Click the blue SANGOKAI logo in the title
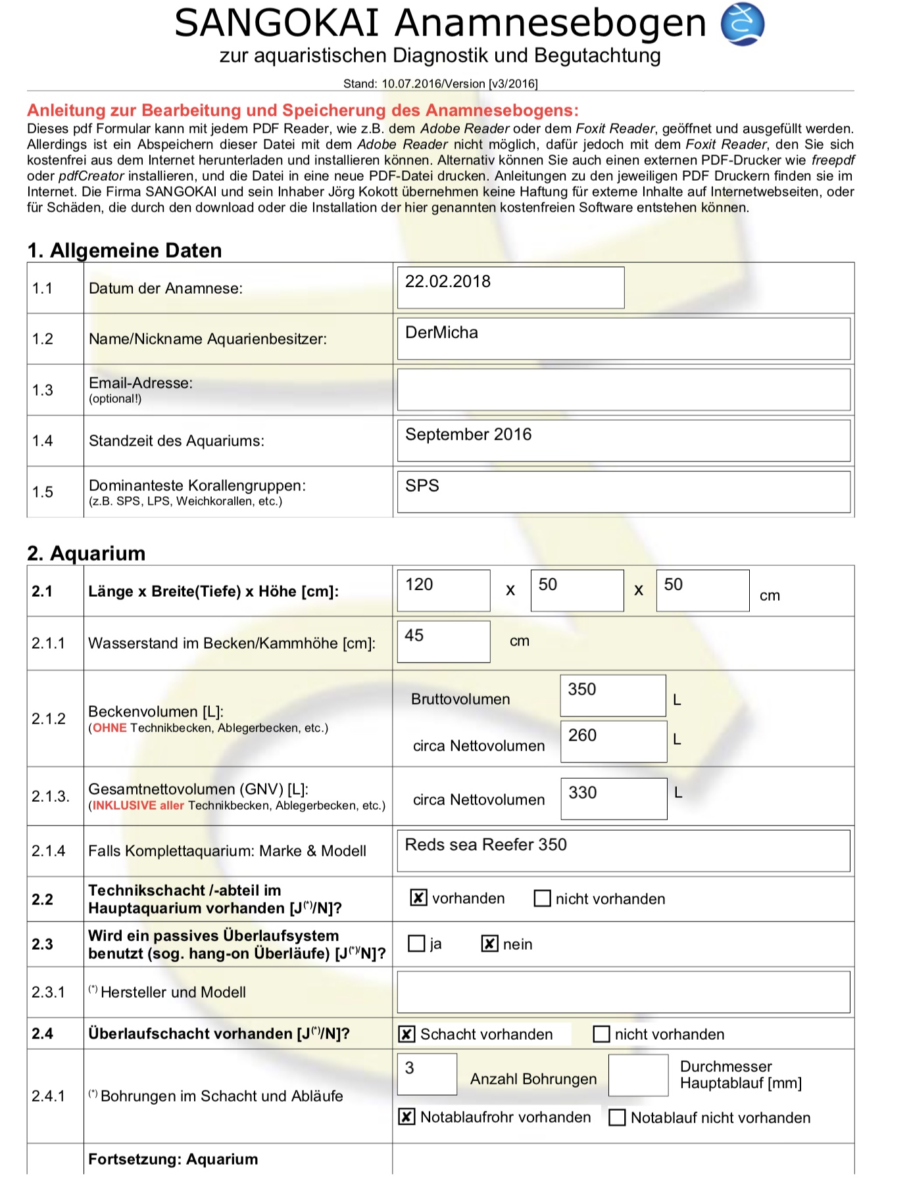[x=742, y=24]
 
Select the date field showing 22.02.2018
[x=510, y=287]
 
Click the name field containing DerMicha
[x=624, y=338]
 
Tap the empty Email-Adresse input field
[x=624, y=390]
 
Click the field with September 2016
[x=624, y=440]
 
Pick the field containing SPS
[x=624, y=492]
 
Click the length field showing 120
[x=443, y=590]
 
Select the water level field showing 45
[x=443, y=641]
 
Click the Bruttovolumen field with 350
[x=612, y=695]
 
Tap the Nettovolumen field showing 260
[x=613, y=741]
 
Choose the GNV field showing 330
[x=613, y=799]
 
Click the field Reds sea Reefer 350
[x=624, y=850]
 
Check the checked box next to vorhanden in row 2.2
[x=418, y=898]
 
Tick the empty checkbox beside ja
[x=416, y=944]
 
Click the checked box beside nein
[x=489, y=944]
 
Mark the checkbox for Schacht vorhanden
[x=406, y=1034]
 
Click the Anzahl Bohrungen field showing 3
[x=427, y=1074]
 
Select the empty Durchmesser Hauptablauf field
[x=638, y=1075]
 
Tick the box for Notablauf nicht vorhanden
[x=617, y=1117]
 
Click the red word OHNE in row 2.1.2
[x=109, y=728]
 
